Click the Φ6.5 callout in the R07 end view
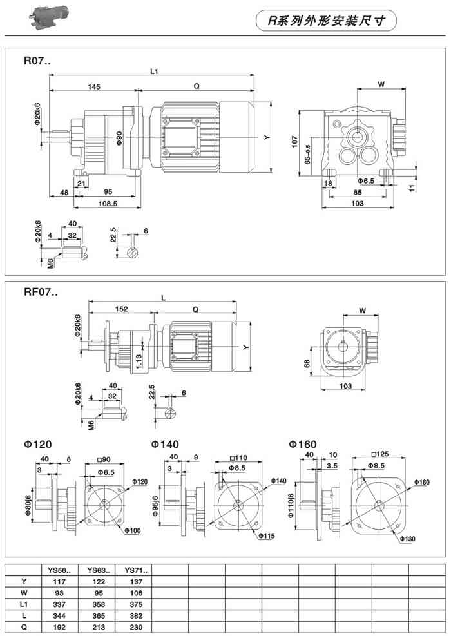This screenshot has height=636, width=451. click(366, 180)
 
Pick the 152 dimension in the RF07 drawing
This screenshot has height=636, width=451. click(120, 309)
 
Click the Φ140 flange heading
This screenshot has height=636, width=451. click(165, 445)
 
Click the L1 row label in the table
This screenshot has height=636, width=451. click(23, 604)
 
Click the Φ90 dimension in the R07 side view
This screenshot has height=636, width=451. click(119, 138)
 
